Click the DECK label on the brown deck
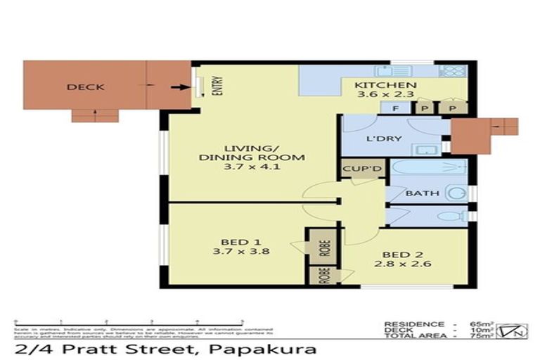[86, 87]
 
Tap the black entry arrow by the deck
[181, 88]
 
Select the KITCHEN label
[386, 86]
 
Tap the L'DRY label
[384, 139]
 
